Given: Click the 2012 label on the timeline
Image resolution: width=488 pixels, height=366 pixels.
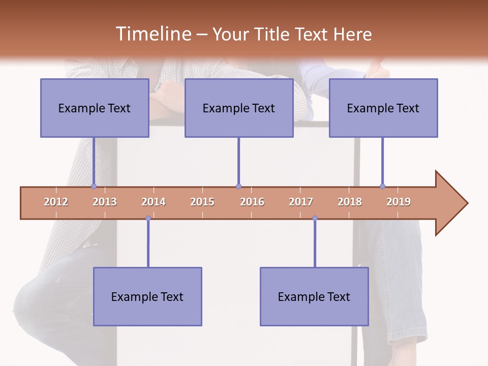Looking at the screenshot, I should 56,202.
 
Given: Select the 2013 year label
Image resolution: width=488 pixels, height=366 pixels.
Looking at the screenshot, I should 105,202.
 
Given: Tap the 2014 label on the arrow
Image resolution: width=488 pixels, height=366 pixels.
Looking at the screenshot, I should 154,202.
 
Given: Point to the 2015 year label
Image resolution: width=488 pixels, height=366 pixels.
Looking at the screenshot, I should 202,202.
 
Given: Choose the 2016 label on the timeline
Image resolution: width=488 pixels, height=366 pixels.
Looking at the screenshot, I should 252,202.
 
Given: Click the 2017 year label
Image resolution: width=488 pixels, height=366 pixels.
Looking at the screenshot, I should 301,202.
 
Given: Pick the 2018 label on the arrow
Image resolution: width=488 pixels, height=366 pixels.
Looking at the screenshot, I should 350,202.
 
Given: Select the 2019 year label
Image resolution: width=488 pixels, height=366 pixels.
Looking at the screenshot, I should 399,202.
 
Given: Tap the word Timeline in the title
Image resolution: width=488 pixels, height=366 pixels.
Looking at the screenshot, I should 152,34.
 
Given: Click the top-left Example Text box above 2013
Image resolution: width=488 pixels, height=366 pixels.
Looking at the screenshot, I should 95,108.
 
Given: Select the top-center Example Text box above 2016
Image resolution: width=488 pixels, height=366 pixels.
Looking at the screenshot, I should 239,108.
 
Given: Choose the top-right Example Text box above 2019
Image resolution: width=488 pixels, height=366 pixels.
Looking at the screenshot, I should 383,108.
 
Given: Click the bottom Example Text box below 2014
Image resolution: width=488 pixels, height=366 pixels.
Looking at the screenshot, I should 147,296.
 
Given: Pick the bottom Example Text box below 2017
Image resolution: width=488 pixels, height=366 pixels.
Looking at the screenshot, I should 314,296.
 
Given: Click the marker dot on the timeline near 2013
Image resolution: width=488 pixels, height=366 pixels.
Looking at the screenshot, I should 94,187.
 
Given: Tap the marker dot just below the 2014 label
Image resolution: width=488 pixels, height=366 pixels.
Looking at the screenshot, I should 148,219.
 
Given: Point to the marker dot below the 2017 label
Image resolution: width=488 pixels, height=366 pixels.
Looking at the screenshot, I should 315,219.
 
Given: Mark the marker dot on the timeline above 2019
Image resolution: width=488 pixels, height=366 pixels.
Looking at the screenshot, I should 382,187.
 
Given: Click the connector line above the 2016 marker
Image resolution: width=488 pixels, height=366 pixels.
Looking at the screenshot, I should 238,160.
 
